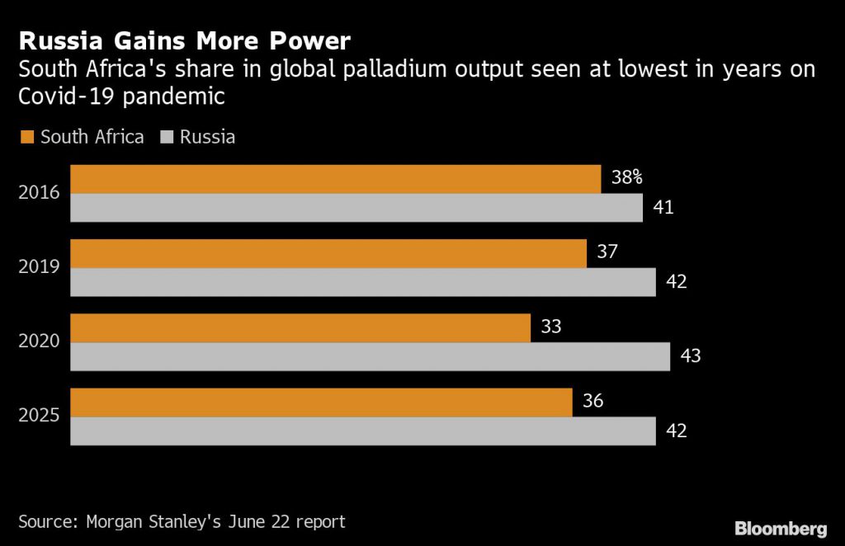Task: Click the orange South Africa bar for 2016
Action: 335,179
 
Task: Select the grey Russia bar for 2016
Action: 356,208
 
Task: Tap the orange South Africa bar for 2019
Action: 328,253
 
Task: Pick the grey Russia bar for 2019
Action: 363,282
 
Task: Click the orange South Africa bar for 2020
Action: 300,327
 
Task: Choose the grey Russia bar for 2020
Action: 370,356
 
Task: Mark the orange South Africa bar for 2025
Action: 321,402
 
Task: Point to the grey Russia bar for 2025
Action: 363,431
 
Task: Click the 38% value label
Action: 627,177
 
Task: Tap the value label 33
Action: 551,327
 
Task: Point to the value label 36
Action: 592,401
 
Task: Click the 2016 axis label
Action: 39,194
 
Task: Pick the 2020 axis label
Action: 39,342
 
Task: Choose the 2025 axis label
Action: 39,417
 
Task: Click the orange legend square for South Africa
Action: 26,137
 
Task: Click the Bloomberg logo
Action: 781,528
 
